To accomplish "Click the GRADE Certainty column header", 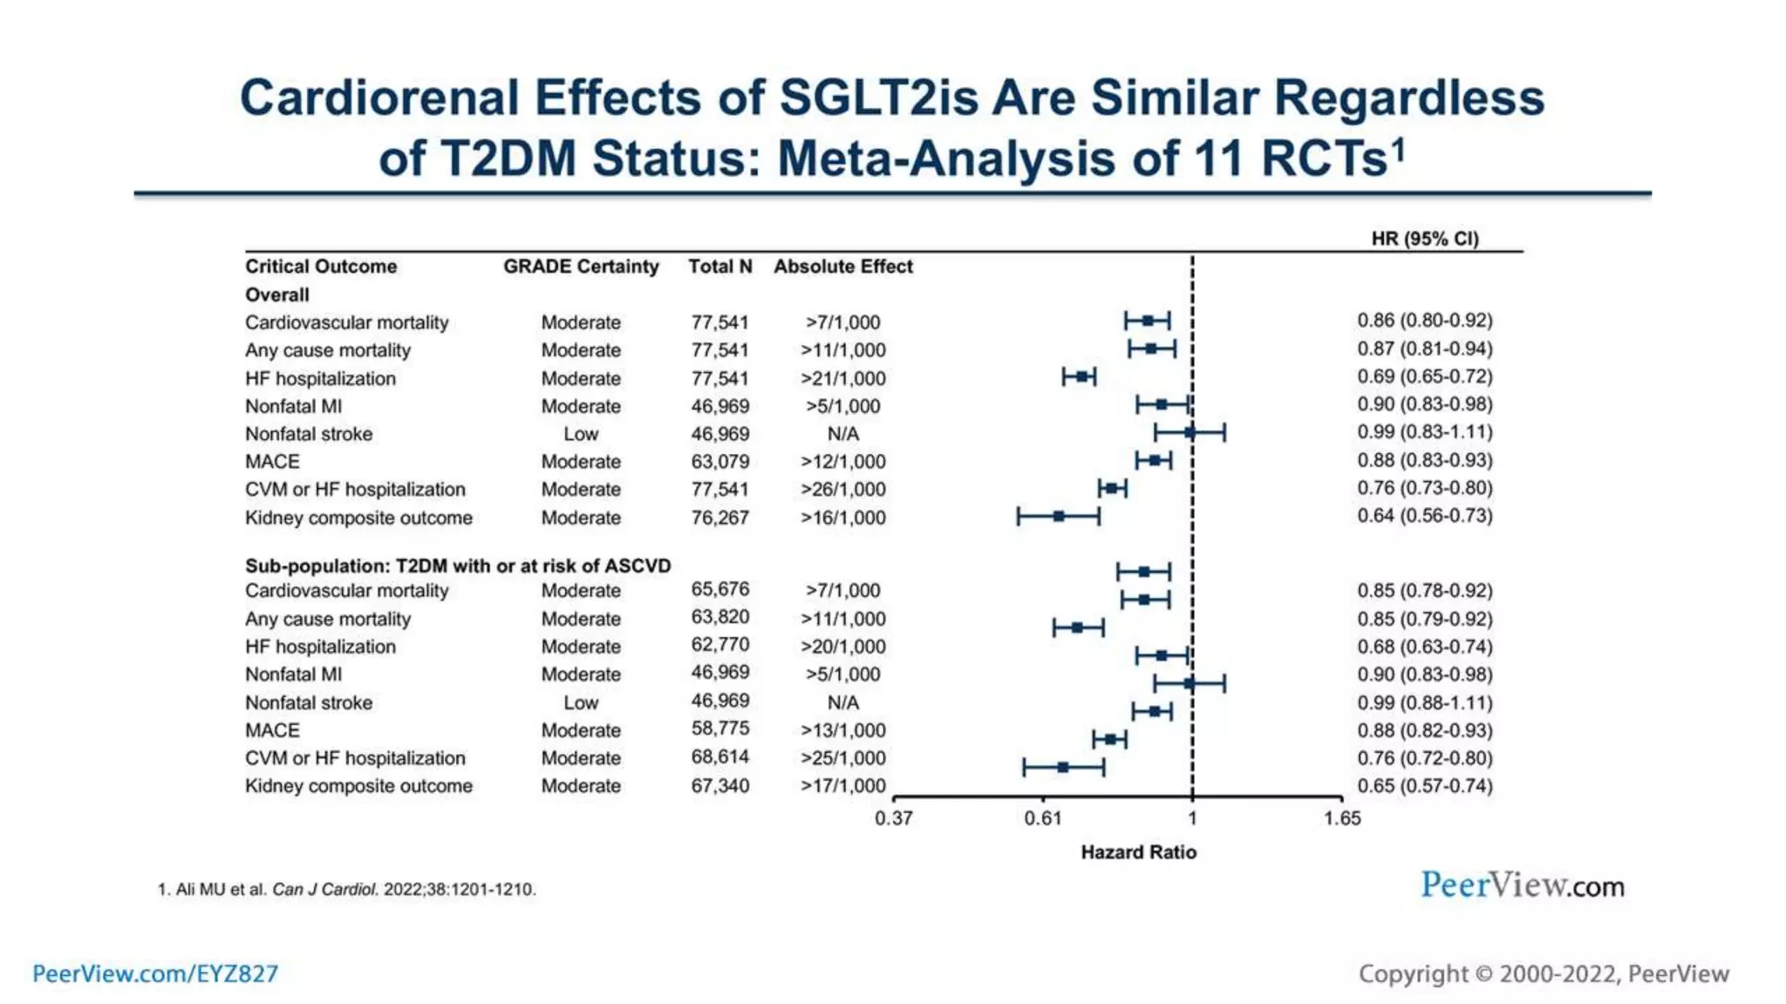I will pyautogui.click(x=581, y=267).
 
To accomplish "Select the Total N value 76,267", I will pyautogui.click(x=719, y=518).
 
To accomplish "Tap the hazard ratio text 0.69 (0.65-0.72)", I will pyautogui.click(x=1424, y=376).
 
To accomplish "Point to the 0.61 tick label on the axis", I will pyautogui.click(x=1043, y=818).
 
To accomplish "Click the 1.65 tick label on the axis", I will pyautogui.click(x=1341, y=818).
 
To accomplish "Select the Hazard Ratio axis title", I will pyautogui.click(x=1138, y=852).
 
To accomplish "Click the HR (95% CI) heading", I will pyautogui.click(x=1425, y=239).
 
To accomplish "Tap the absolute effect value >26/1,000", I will pyautogui.click(x=842, y=490).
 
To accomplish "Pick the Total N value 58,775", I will pyautogui.click(x=719, y=729).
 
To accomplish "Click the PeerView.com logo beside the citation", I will pyautogui.click(x=1522, y=885).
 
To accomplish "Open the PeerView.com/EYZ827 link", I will pyautogui.click(x=155, y=973).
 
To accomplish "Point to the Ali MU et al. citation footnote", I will pyautogui.click(x=347, y=890).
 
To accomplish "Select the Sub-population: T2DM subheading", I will pyautogui.click(x=458, y=566).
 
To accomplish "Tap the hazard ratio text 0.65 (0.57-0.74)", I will pyautogui.click(x=1424, y=786).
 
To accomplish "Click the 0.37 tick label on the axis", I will pyautogui.click(x=893, y=818).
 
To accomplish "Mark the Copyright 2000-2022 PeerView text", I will pyautogui.click(x=1544, y=973).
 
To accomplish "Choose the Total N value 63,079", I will pyautogui.click(x=719, y=462).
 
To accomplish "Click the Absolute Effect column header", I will pyautogui.click(x=842, y=267).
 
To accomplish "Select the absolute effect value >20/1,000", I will pyautogui.click(x=842, y=647).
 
